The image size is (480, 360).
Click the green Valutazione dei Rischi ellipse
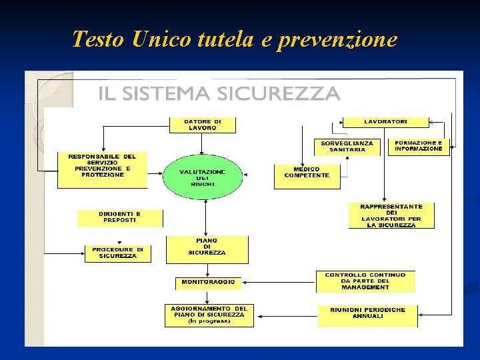coord(203,177)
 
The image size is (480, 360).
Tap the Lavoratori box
coord(386,122)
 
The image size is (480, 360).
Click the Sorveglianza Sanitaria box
coord(347,147)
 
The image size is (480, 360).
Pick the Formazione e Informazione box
coord(419,146)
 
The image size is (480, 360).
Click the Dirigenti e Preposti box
coord(120,217)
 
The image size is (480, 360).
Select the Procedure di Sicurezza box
coord(118,253)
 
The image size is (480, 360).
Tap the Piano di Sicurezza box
coord(207,248)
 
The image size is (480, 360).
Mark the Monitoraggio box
coord(208,282)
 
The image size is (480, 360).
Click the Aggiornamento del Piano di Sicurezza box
coord(209,315)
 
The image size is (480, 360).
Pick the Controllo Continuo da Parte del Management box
coord(365,281)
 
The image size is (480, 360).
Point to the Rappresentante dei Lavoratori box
coord(391,216)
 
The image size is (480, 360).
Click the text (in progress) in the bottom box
coord(209,321)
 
